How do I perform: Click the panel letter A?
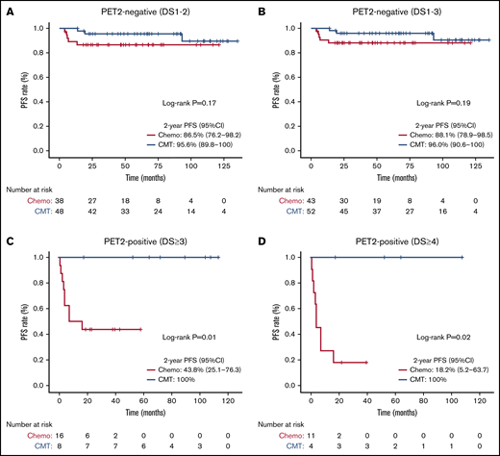(x=8, y=8)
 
